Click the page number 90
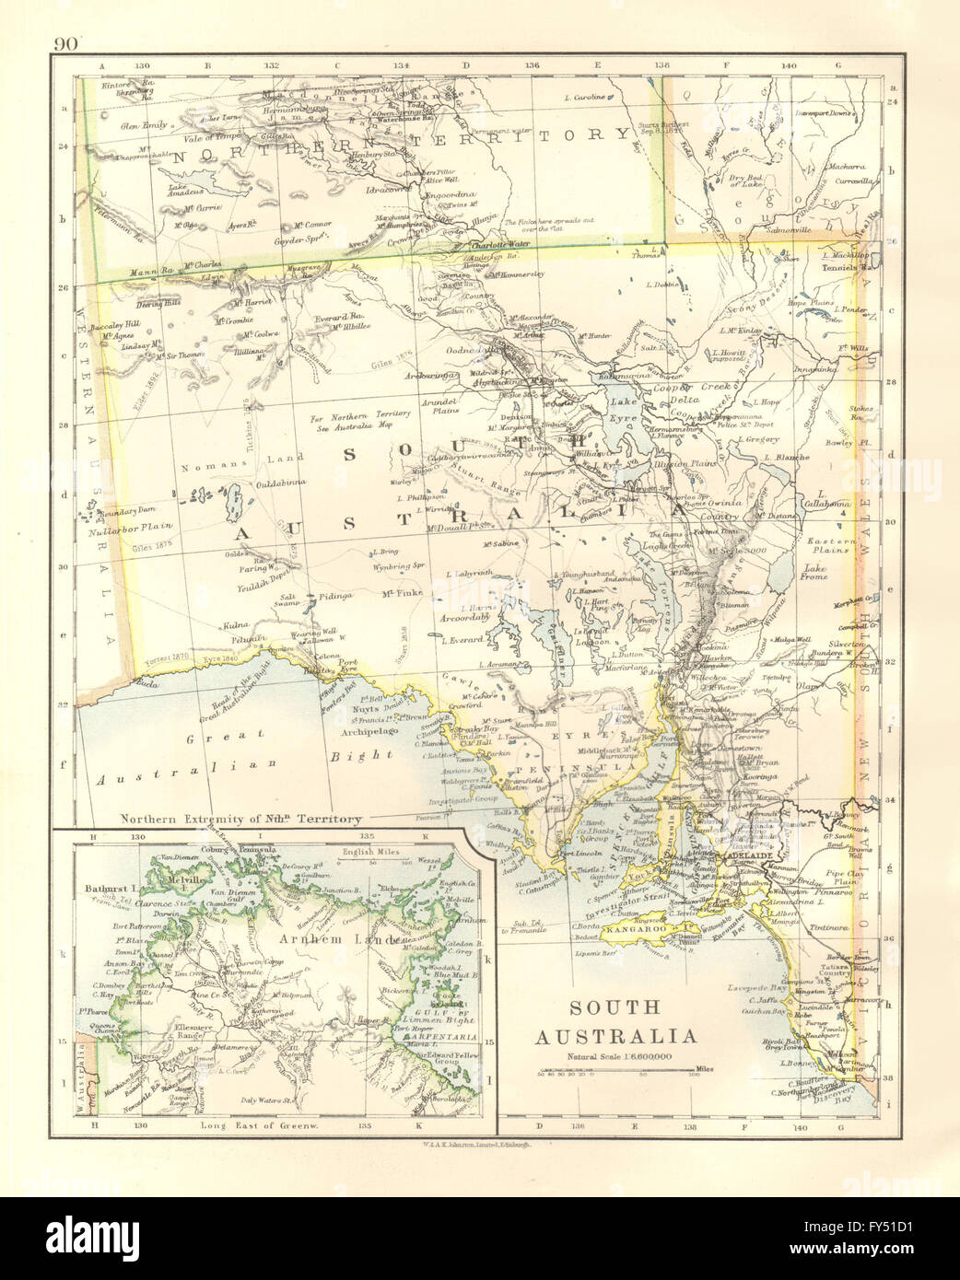pos(67,43)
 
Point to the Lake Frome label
pos(814,571)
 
